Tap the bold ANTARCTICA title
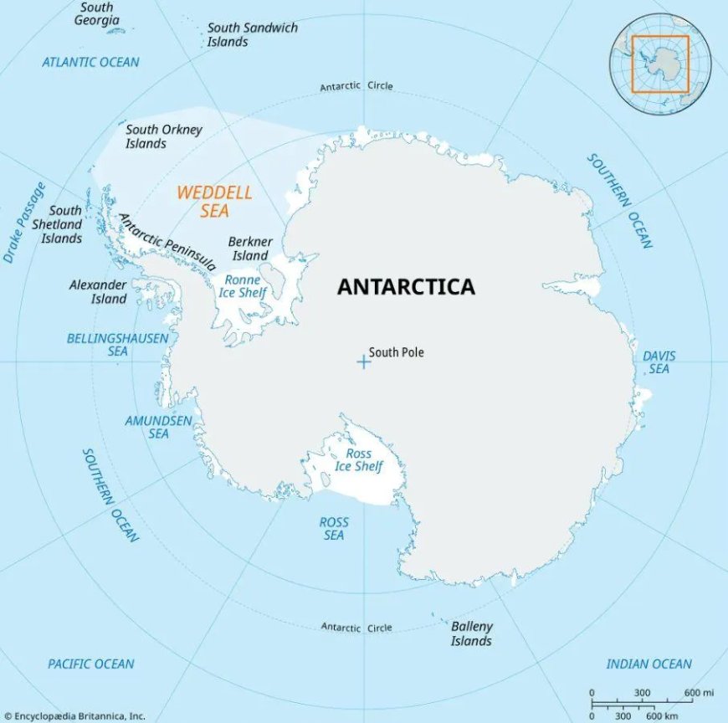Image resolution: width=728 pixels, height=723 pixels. (x=406, y=287)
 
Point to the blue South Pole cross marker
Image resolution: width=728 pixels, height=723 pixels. (x=363, y=361)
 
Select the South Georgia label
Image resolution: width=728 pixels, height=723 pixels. (x=96, y=13)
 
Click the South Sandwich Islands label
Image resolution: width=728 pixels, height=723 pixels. (x=253, y=34)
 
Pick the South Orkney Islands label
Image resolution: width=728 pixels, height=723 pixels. (x=157, y=136)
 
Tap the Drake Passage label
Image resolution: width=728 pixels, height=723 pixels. (x=25, y=223)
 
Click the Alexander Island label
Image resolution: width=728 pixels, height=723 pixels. (x=98, y=292)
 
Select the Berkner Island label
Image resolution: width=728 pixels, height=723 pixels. (x=249, y=249)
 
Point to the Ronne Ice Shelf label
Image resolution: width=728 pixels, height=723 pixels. (x=243, y=286)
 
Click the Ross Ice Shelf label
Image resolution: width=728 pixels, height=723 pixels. (x=358, y=460)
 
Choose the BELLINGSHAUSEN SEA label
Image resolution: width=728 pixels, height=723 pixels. (x=117, y=345)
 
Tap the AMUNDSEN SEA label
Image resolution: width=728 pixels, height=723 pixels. (x=158, y=427)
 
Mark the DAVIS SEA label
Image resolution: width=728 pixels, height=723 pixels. (x=659, y=362)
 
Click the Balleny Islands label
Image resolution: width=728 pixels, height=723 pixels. (x=472, y=633)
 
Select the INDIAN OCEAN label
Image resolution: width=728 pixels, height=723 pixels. (x=649, y=664)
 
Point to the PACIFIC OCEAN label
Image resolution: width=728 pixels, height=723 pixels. (x=90, y=664)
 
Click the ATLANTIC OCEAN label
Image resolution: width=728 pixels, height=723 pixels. (x=90, y=62)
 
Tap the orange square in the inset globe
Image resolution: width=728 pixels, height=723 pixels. (x=660, y=64)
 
